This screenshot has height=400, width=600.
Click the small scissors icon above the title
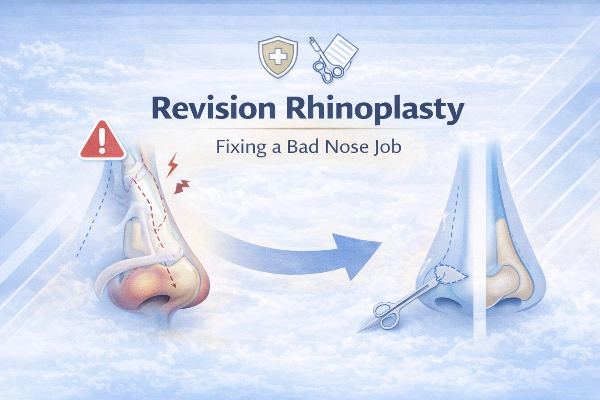click(324, 69)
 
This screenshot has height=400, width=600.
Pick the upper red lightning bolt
click(172, 166)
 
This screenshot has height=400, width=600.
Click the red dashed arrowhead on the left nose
click(174, 284)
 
